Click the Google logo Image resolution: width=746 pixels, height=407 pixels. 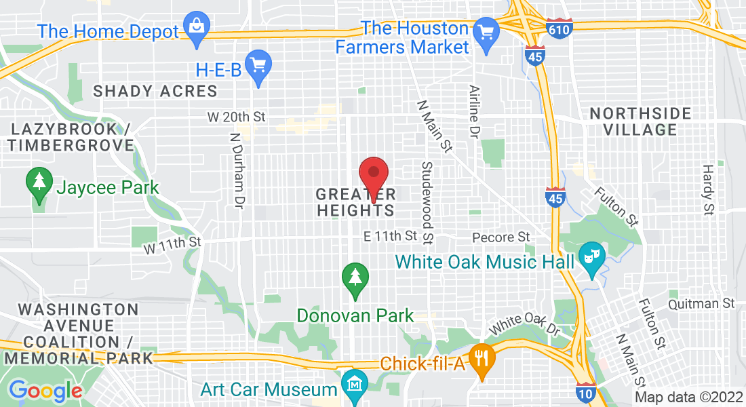coord(45,390)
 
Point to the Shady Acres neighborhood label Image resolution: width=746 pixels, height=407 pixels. coord(155,91)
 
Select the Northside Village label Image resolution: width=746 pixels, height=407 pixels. coord(640,121)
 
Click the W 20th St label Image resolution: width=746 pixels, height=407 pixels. coord(236,117)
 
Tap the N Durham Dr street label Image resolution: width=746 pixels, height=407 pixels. coord(236,169)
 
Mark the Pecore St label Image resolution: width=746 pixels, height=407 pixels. coord(500,237)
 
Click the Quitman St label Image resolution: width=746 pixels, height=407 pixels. coord(701,303)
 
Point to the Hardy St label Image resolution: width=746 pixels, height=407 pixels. coord(708,189)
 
